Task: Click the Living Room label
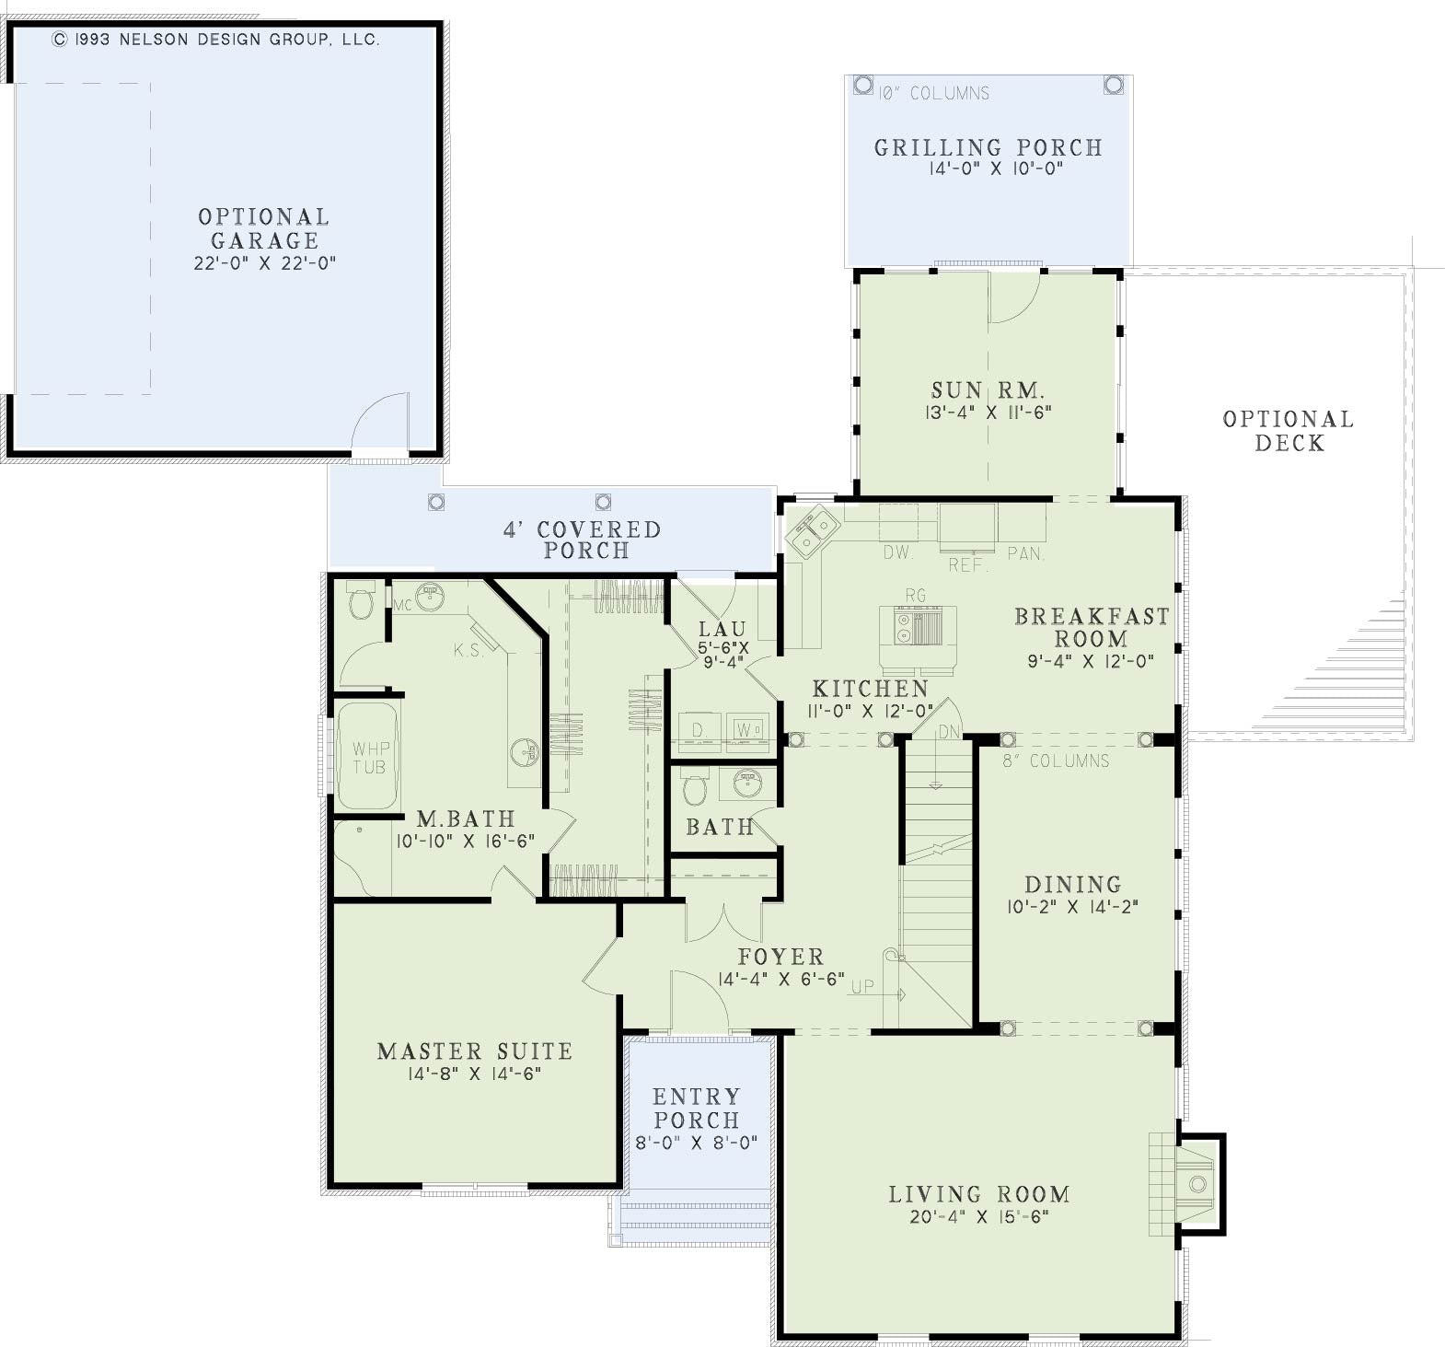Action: coord(979,1194)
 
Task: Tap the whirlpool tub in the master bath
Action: coord(368,756)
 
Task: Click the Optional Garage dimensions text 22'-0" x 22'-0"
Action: coord(264,263)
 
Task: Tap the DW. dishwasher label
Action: coord(897,553)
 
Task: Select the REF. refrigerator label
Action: coord(967,565)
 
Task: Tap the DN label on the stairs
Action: coord(949,731)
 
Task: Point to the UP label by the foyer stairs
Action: coord(862,987)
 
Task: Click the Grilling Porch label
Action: coord(988,147)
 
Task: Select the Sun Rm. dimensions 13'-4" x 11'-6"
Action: coord(988,413)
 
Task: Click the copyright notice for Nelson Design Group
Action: coord(215,40)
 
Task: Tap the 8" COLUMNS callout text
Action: coord(1044,761)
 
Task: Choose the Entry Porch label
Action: coord(697,1109)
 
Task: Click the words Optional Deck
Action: coord(1289,431)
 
